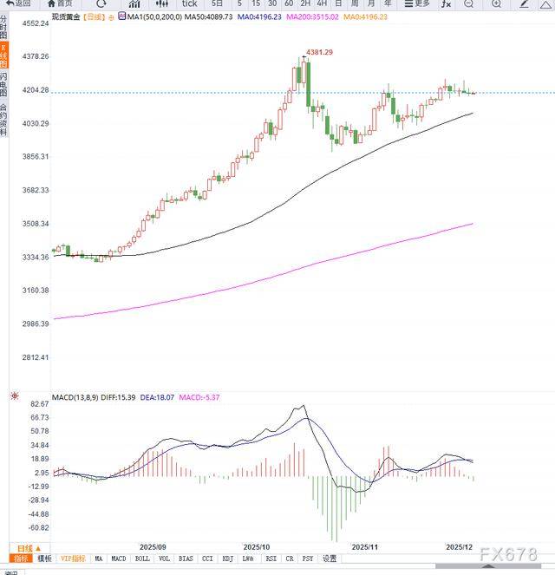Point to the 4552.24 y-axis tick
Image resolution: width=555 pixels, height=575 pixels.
coord(36,23)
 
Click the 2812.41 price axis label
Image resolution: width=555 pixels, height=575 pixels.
coord(36,357)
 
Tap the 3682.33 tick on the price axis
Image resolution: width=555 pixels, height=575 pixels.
coord(36,190)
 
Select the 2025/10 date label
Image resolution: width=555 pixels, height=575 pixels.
coord(257,547)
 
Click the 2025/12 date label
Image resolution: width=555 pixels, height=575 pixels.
coord(460,547)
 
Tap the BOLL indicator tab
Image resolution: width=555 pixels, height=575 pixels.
coord(142,559)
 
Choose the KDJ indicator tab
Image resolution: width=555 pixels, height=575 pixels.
coord(228,559)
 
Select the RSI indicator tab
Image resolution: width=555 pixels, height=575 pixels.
coord(271,559)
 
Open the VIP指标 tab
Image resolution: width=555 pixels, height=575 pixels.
coord(73,559)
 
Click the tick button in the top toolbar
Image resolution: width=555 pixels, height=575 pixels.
coord(189,3)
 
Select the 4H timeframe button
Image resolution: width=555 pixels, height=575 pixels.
coord(322,3)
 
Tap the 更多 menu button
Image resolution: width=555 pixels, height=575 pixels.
coord(416,3)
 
